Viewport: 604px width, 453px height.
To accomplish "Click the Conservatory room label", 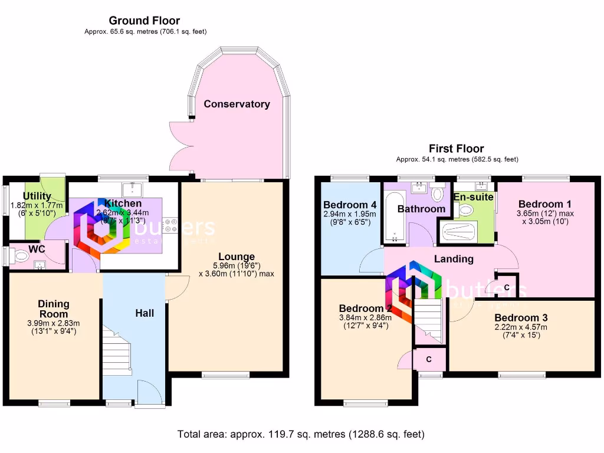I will [x=237, y=104].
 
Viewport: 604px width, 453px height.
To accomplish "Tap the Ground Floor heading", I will [x=145, y=21].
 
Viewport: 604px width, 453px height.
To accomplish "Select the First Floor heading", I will [x=456, y=149].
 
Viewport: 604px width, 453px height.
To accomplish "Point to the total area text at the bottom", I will [x=301, y=434].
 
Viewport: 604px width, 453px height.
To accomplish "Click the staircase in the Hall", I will [x=117, y=352].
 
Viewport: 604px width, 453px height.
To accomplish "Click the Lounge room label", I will [x=237, y=257].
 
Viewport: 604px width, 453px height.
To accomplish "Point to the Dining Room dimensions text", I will [x=53, y=327].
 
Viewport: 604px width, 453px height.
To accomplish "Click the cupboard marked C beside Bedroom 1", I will [x=507, y=287].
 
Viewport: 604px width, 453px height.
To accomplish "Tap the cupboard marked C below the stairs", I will [x=429, y=359].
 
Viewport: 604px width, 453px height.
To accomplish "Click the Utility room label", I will [x=37, y=196].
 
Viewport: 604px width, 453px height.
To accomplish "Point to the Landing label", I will [x=454, y=258].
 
